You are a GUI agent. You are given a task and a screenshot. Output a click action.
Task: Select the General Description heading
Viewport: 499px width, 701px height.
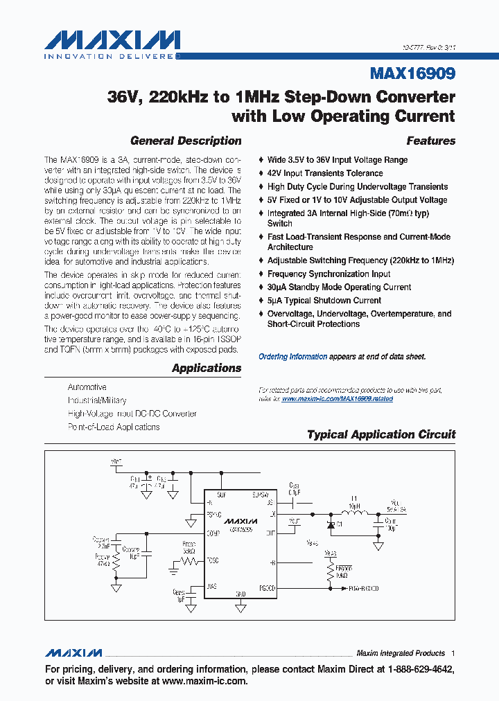pyautogui.click(x=186, y=141)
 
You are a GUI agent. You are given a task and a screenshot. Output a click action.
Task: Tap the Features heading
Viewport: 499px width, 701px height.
pyautogui.click(x=430, y=141)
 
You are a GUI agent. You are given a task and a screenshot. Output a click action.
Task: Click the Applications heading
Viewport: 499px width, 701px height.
pyautogui.click(x=207, y=368)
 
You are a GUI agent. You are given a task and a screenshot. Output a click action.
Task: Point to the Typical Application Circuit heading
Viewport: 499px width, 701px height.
pyautogui.click(x=381, y=435)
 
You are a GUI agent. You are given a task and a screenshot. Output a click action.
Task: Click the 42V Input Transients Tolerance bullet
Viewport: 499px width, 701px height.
pyautogui.click(x=324, y=173)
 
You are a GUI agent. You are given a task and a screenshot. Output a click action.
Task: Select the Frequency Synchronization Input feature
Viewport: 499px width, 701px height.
pyautogui.click(x=329, y=274)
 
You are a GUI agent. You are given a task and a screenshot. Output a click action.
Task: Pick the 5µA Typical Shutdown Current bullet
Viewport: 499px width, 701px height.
pyautogui.click(x=324, y=301)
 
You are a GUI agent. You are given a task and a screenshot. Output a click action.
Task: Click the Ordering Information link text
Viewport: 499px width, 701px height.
pyautogui.click(x=292, y=357)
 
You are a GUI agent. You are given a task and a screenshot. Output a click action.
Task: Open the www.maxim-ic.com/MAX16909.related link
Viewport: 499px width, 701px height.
pyautogui.click(x=338, y=400)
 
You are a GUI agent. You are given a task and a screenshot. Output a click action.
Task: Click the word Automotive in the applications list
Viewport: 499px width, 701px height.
pyautogui.click(x=87, y=387)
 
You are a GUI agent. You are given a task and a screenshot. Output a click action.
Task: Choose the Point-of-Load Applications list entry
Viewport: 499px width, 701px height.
pyautogui.click(x=114, y=427)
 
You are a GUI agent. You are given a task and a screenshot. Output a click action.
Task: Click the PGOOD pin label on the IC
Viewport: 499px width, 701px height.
pyautogui.click(x=266, y=588)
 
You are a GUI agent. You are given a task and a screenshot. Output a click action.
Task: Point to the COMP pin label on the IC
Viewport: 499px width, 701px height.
pyautogui.click(x=213, y=533)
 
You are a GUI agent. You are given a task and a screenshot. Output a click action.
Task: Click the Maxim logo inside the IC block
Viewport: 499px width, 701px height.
pyautogui.click(x=240, y=520)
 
